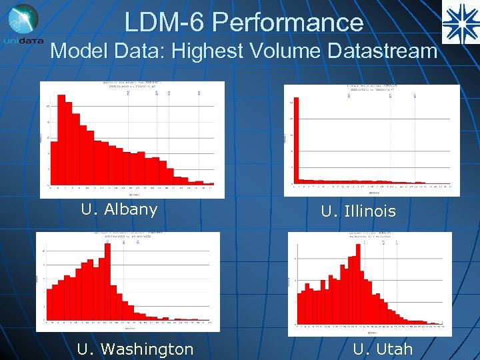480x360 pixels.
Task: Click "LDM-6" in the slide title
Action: point(167,23)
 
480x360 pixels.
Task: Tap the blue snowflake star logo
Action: point(460,23)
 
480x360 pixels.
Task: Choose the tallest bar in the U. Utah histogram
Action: point(351,281)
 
